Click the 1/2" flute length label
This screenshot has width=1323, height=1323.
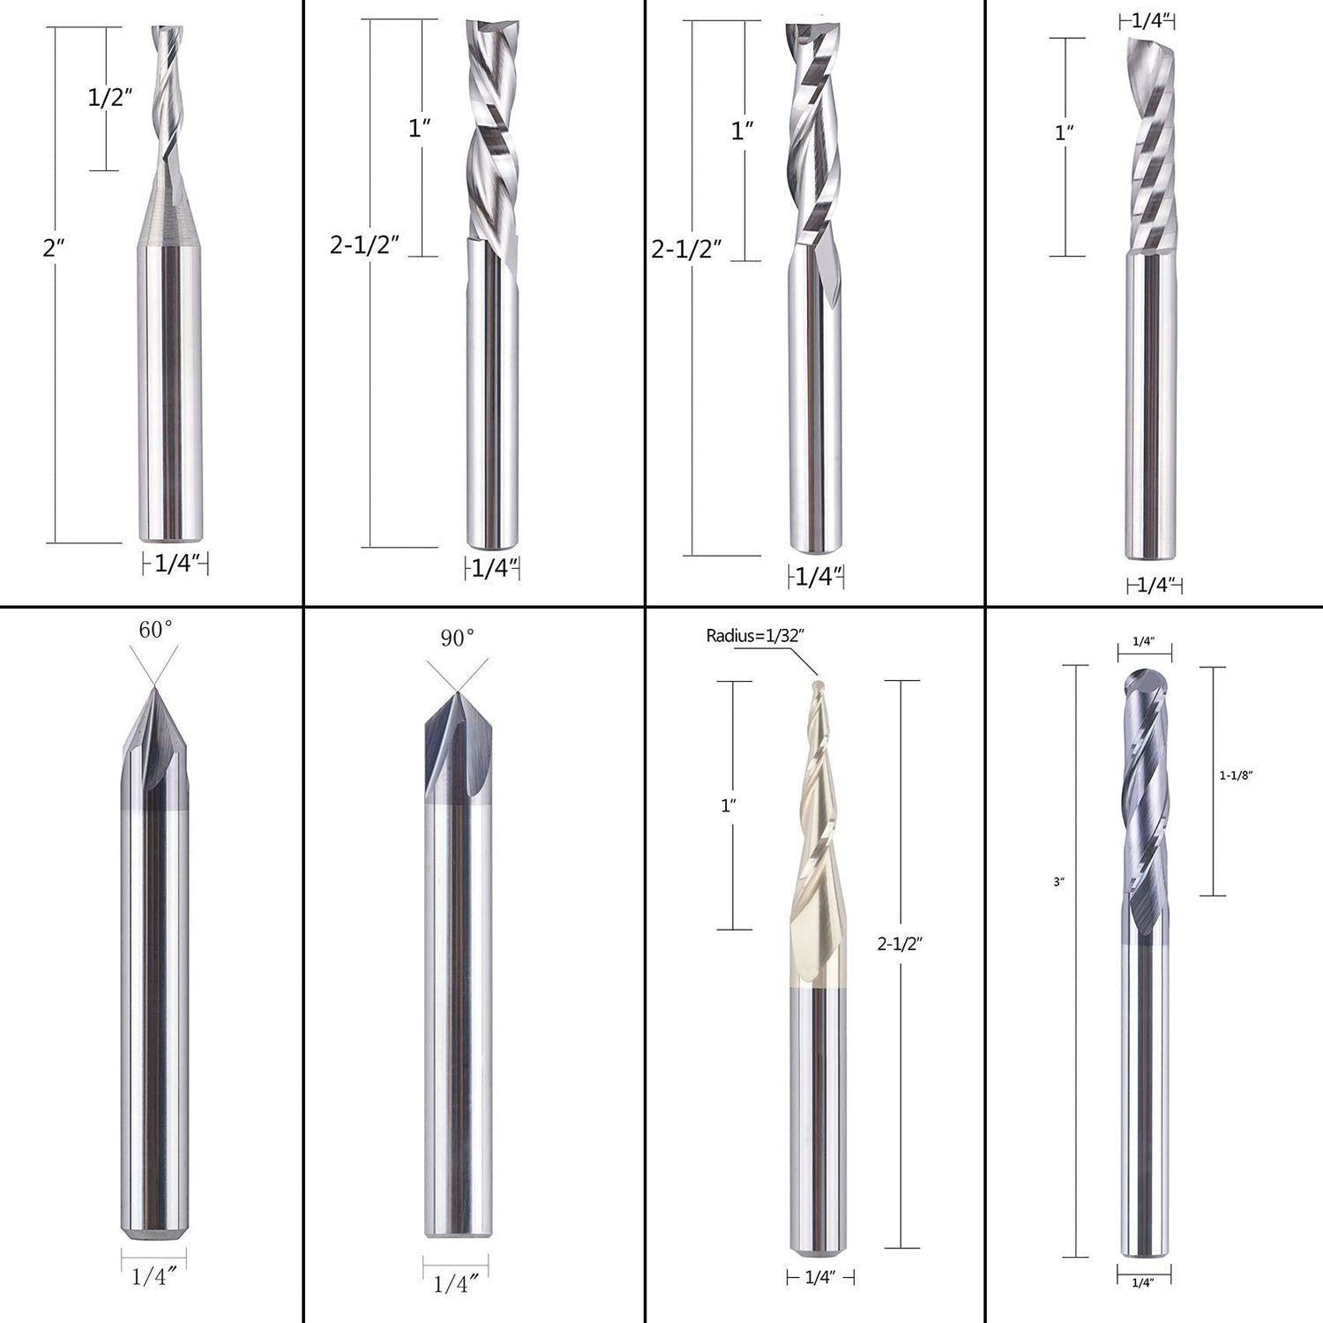click(110, 97)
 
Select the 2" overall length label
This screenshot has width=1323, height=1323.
click(54, 248)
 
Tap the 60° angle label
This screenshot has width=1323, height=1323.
click(155, 629)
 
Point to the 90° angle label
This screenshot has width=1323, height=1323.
click(457, 637)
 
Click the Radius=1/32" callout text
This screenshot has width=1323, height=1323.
click(755, 635)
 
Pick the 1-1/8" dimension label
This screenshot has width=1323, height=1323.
click(1236, 775)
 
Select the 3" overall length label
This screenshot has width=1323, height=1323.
click(1058, 881)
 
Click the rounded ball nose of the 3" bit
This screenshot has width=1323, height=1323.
click(1144, 680)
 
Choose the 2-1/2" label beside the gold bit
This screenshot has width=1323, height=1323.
click(899, 944)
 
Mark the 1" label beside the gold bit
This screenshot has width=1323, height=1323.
click(729, 805)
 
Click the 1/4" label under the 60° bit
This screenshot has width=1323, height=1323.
click(153, 1276)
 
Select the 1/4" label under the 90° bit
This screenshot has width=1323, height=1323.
click(455, 1283)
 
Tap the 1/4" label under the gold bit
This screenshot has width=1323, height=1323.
click(819, 1277)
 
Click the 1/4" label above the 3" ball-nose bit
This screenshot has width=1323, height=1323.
click(1143, 641)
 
